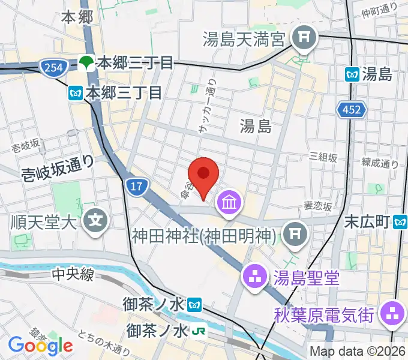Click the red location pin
(x=204, y=174)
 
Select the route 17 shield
(x=136, y=187)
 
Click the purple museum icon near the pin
(x=229, y=202)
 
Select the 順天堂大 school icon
(x=96, y=221)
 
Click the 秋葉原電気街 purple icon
(x=393, y=312)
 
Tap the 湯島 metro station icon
(x=353, y=74)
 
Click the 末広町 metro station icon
(x=401, y=223)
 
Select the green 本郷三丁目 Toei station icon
(x=87, y=62)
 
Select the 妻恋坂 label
(x=318, y=205)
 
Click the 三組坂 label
(x=323, y=157)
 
